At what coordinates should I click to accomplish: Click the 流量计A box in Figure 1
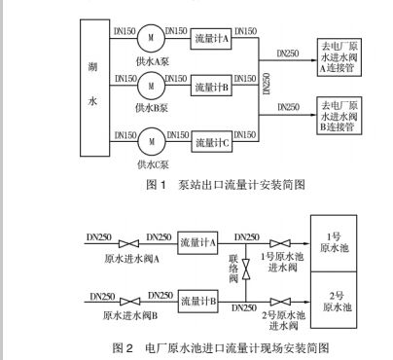click(x=213, y=39)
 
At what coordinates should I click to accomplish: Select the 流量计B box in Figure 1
click(x=213, y=89)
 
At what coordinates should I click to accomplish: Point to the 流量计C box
click(x=213, y=142)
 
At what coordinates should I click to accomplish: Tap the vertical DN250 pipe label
click(x=268, y=90)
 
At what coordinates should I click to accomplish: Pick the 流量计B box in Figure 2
click(x=198, y=299)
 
